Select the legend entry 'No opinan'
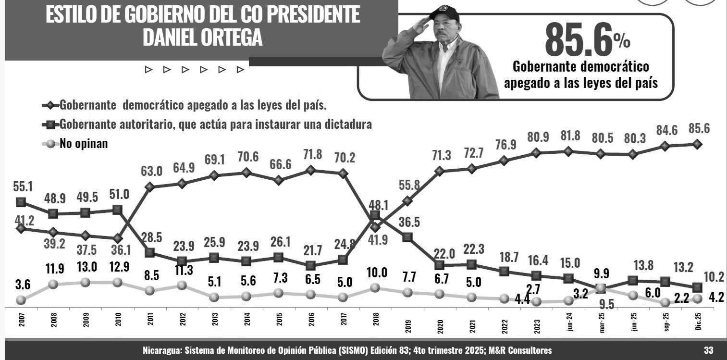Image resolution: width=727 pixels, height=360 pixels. point(83,143)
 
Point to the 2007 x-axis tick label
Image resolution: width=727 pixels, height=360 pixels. point(20,321)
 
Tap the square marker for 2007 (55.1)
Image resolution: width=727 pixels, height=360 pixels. point(21,201)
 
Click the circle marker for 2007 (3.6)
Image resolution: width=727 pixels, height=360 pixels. point(20,300)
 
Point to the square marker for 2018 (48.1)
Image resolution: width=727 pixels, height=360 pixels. point(375,215)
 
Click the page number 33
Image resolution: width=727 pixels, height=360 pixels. point(708,350)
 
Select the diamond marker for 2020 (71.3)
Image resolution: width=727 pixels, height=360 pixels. point(439,171)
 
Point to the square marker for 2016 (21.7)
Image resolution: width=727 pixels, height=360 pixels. point(310,265)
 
